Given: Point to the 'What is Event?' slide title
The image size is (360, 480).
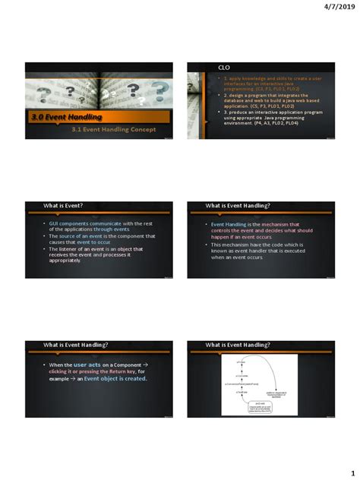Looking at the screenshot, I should [x=63, y=206].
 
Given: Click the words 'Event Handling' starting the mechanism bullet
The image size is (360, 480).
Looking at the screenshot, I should [x=228, y=225].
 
